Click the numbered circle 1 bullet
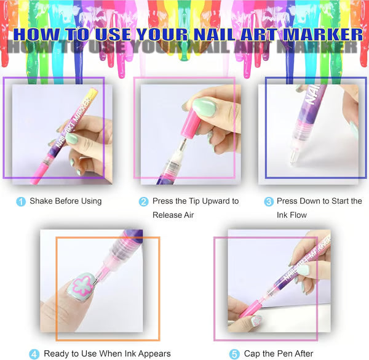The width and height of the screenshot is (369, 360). [x=22, y=201]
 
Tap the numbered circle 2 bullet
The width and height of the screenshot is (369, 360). [x=144, y=201]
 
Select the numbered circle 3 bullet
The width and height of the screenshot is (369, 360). [x=269, y=201]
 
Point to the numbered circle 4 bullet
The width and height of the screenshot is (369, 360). [x=34, y=354]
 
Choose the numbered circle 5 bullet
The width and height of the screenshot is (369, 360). [x=234, y=354]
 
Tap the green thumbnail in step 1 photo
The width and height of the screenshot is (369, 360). [x=73, y=139]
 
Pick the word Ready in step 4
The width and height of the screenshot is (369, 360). [x=57, y=354]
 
